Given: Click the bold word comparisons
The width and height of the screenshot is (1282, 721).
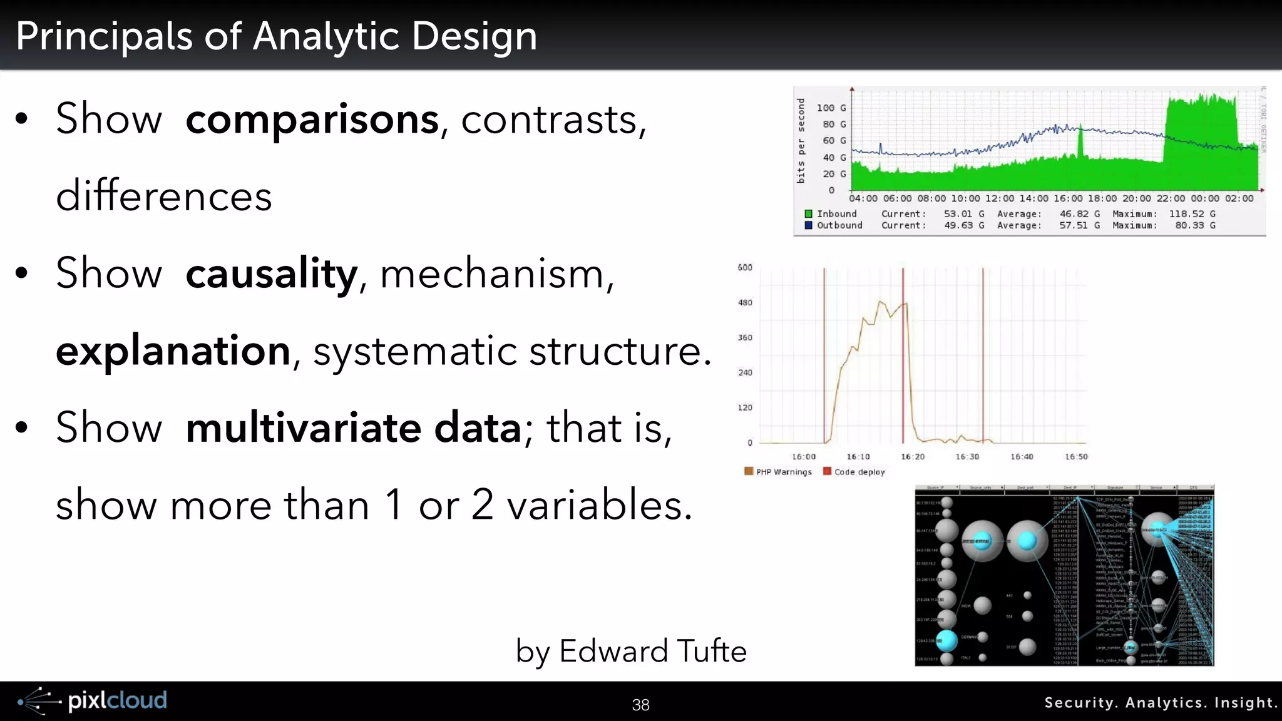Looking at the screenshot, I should click(x=312, y=119).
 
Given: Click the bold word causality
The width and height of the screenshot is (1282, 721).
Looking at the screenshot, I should click(x=271, y=274).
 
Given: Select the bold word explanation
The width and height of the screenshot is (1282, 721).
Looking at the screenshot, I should click(x=173, y=350).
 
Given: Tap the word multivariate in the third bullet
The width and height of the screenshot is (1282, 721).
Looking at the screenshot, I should click(x=304, y=428).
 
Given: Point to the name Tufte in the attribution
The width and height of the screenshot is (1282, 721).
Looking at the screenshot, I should click(x=712, y=651).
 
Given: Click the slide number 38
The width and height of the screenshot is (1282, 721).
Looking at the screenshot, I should click(x=640, y=705).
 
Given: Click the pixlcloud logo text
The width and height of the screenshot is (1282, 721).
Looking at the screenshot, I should click(x=117, y=700).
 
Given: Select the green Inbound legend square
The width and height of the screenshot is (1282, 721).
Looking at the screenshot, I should click(x=808, y=214).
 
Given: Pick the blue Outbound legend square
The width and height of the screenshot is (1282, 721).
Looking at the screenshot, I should click(x=808, y=225).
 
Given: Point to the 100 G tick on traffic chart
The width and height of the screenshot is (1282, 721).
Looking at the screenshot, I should click(x=831, y=108).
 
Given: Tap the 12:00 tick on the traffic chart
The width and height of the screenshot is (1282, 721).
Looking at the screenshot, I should click(x=999, y=198).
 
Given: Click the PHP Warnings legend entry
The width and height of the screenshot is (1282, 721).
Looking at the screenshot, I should click(x=783, y=472).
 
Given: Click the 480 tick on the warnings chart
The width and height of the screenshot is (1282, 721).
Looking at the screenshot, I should click(x=745, y=303).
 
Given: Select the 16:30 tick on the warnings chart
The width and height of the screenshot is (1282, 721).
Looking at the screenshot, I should click(x=967, y=457).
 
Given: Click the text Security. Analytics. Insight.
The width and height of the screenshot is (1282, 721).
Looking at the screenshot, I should click(x=1160, y=703).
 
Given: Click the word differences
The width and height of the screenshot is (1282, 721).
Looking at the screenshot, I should click(x=164, y=197).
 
